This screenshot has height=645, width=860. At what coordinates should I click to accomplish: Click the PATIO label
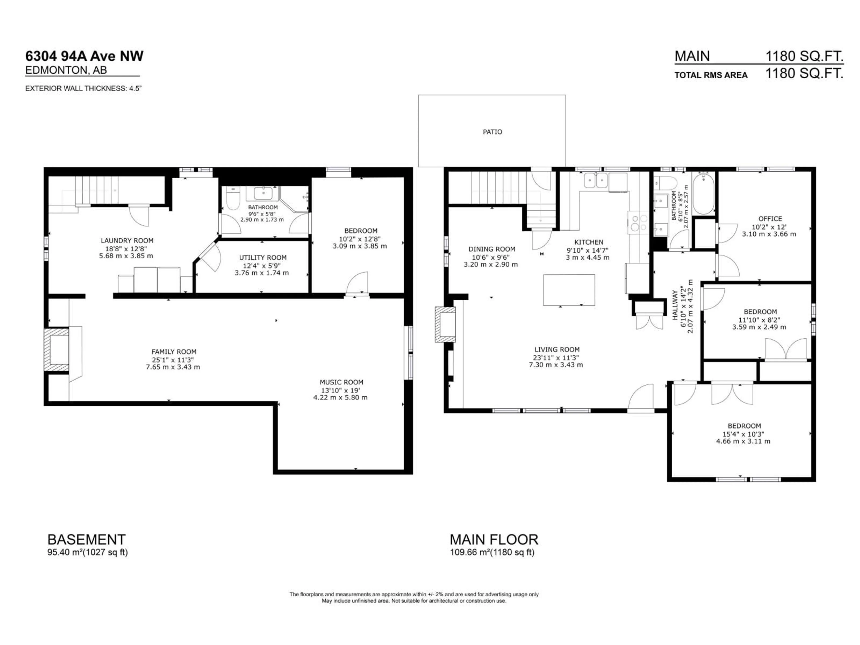(x=492, y=132)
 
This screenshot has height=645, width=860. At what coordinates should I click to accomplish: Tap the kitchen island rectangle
(x=569, y=290)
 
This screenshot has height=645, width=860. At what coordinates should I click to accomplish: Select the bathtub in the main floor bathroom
(x=704, y=194)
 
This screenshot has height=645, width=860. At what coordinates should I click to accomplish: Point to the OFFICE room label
(x=770, y=219)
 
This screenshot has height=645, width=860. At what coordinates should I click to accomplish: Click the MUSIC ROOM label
(x=341, y=382)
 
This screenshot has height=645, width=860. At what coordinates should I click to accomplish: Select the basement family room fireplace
(x=57, y=351)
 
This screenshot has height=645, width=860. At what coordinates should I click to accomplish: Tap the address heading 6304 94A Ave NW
(x=84, y=56)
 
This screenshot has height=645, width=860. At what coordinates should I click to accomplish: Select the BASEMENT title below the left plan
(x=86, y=540)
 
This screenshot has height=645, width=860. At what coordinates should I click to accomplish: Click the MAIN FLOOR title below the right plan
(x=494, y=540)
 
